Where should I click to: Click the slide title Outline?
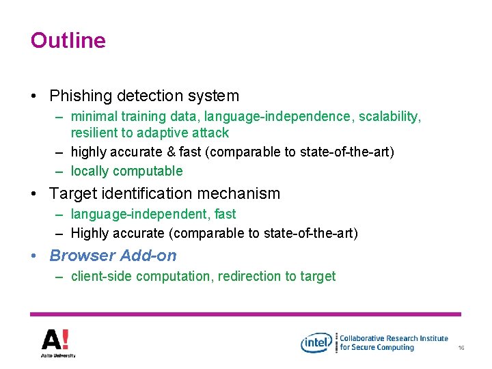(68, 40)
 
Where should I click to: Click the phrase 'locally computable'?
(126, 171)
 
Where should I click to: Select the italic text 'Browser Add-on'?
(113, 256)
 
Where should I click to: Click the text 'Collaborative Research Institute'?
(394, 338)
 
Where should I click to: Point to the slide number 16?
(461, 348)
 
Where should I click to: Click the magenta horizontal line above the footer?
(246, 314)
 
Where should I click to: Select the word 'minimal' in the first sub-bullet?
(94, 117)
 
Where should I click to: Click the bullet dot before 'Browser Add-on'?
(34, 256)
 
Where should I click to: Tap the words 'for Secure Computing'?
(377, 347)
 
